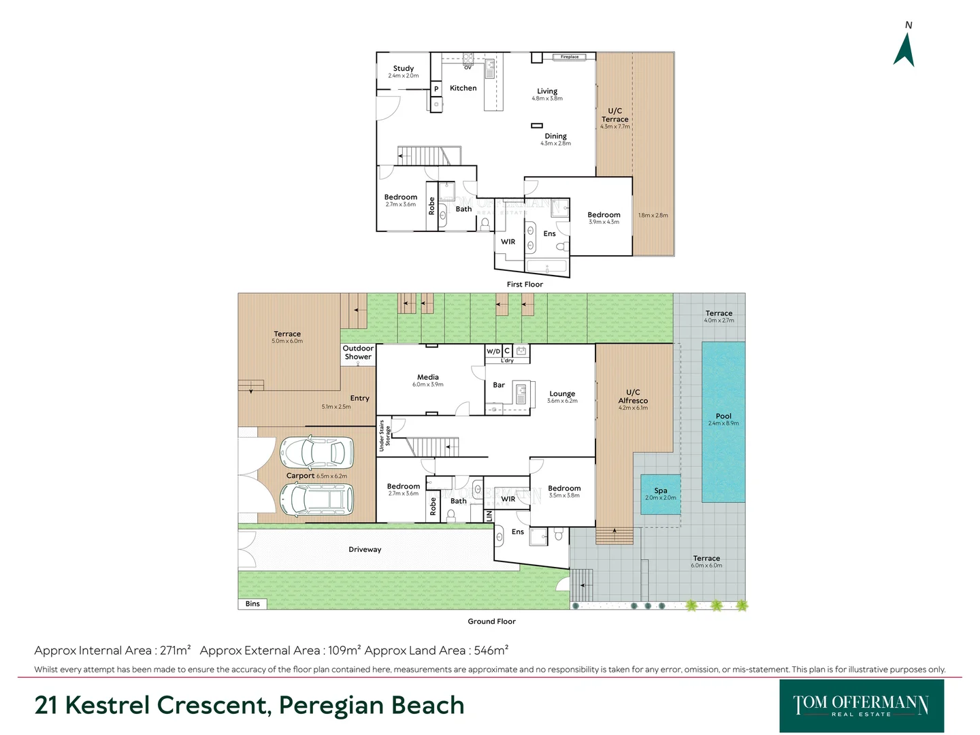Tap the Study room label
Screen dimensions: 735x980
[404, 69]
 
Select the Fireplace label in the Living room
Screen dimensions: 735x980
[570, 57]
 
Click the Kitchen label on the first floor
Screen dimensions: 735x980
[463, 88]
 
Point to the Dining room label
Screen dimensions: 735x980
[555, 136]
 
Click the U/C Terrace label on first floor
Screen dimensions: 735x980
[615, 115]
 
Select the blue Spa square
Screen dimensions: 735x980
[661, 494]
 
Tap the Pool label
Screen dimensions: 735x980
[723, 416]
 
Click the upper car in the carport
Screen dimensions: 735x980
[316, 453]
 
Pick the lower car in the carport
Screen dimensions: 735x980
[317, 500]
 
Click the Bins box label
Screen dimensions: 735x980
[252, 604]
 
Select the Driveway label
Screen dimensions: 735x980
[365, 550]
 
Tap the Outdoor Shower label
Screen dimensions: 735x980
[358, 353]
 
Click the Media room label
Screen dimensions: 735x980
[428, 377]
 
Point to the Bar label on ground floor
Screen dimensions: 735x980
[499, 385]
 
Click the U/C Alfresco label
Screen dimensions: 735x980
[633, 397]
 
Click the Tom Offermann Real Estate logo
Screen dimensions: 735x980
[861, 706]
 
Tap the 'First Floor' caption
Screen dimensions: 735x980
[525, 284]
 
